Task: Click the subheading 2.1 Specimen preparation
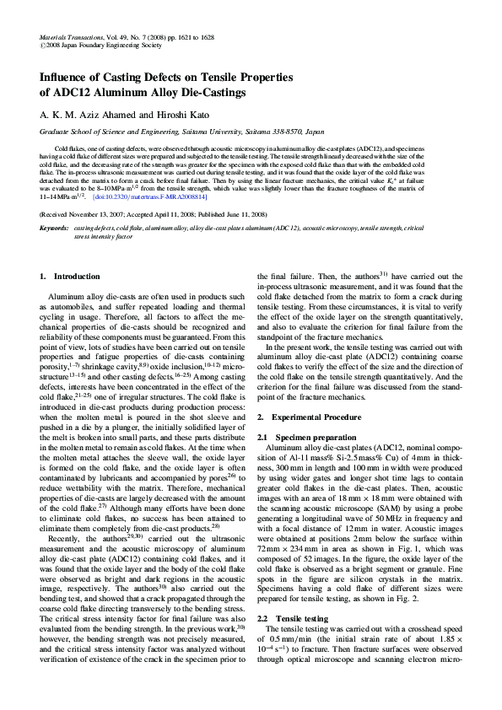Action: click(x=305, y=438)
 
